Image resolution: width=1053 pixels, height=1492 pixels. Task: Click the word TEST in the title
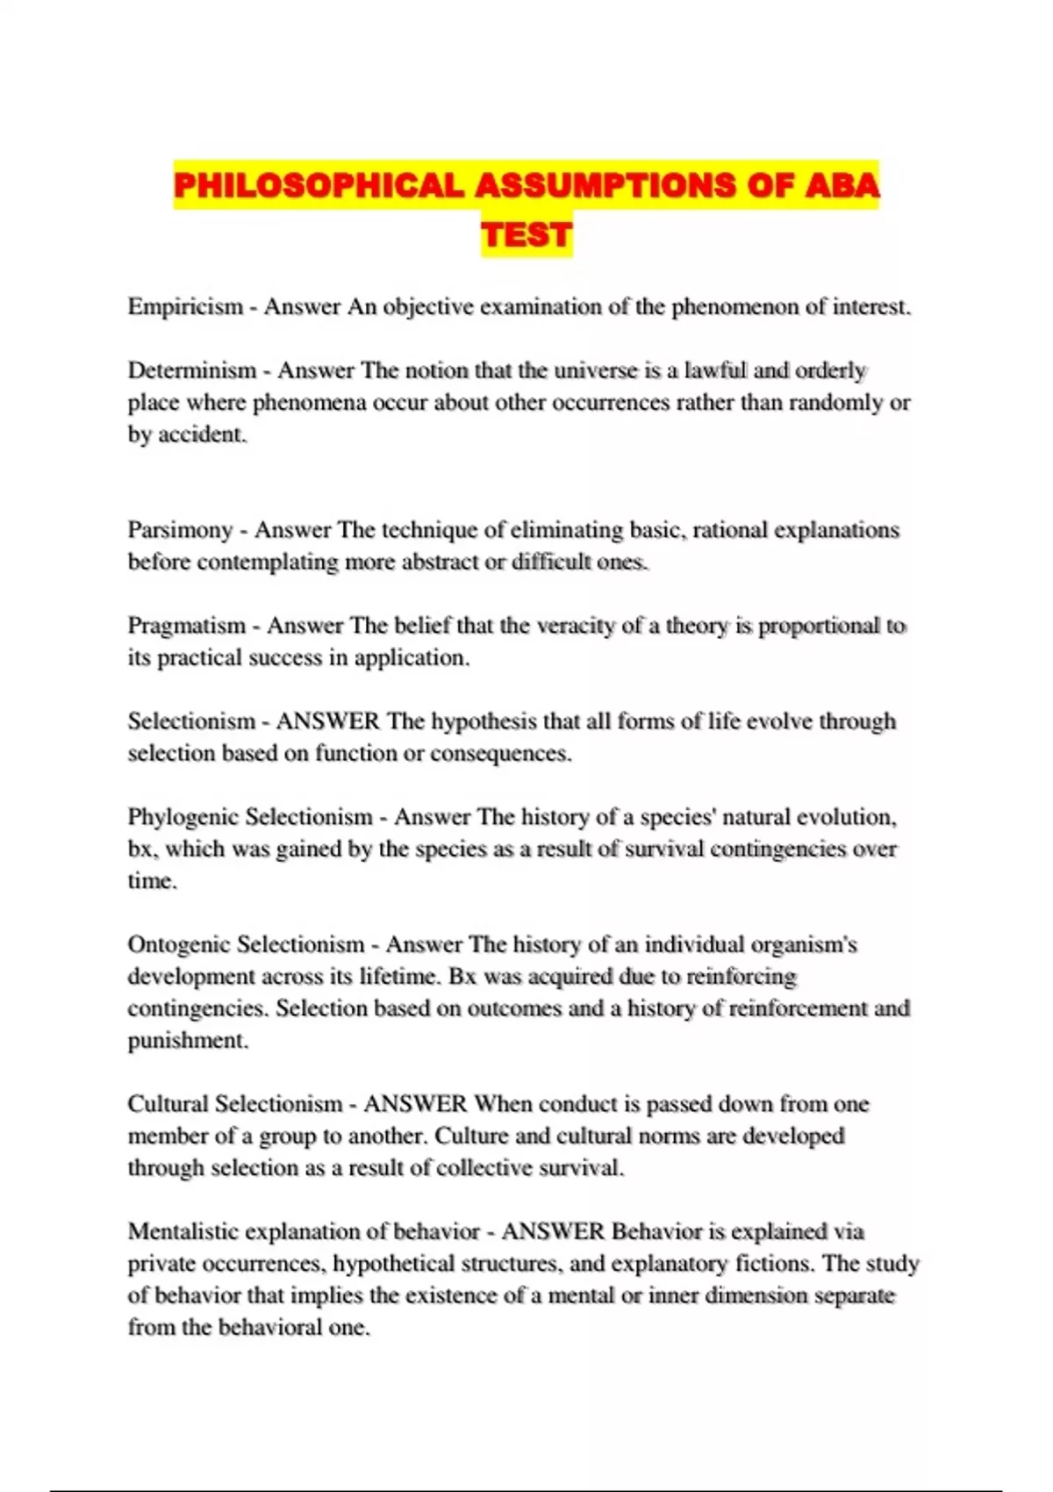[x=526, y=235]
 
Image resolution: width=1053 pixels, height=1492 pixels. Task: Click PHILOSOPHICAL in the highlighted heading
[x=319, y=186]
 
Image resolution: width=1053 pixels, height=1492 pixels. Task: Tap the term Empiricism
[x=185, y=307]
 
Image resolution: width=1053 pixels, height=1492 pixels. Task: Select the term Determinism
[x=192, y=370]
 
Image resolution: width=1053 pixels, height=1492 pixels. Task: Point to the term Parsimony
[x=180, y=530]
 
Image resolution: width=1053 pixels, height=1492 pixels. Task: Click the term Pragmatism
[x=187, y=626]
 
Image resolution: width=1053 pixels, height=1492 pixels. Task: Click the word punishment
[x=188, y=1041]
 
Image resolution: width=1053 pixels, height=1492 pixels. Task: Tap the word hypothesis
[x=484, y=721]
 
